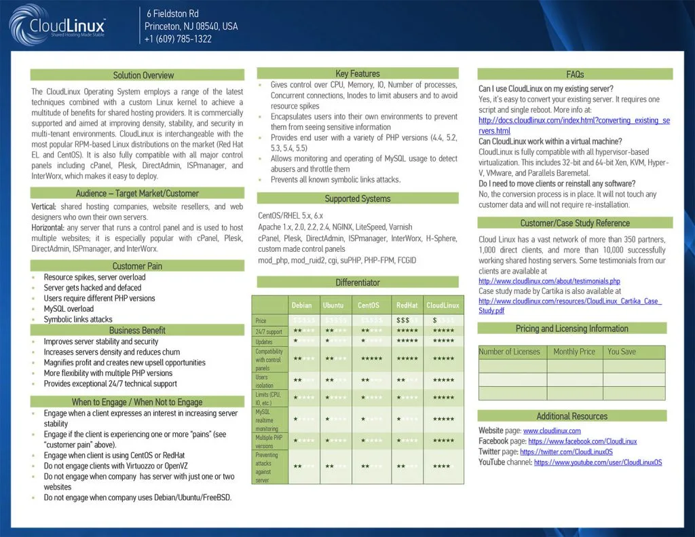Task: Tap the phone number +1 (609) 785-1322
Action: tap(178, 39)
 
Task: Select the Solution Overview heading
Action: tap(143, 75)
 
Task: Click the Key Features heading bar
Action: tap(358, 73)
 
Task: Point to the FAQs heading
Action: tap(574, 74)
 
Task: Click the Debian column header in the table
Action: tap(301, 305)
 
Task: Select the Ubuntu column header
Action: tap(333, 305)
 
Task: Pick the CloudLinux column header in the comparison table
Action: tap(443, 305)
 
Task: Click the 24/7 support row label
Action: tap(268, 332)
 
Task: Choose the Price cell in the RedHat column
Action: tap(407, 320)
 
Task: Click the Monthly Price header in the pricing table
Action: tap(574, 352)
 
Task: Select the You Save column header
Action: tap(622, 352)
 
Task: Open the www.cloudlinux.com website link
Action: tap(552, 430)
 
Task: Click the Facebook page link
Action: tap(587, 441)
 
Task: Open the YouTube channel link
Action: tap(597, 462)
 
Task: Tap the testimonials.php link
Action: tap(549, 281)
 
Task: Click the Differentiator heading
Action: tap(358, 282)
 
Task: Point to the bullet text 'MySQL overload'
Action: tap(70, 309)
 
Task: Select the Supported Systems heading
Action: tap(358, 199)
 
